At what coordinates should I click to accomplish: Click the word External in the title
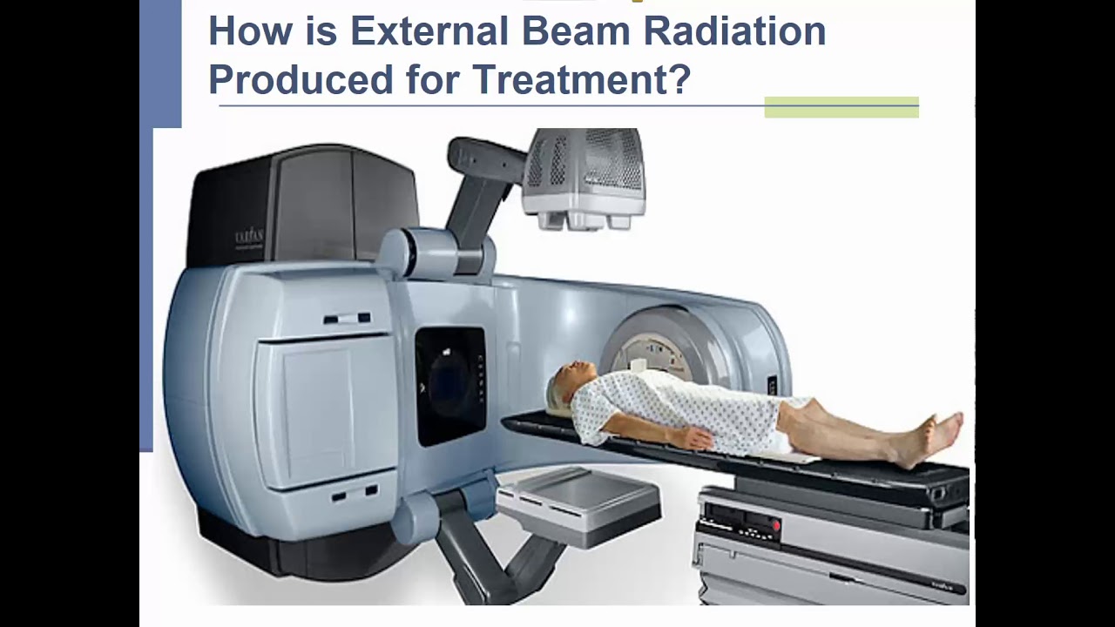(x=429, y=31)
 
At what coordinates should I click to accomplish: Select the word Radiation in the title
(x=744, y=31)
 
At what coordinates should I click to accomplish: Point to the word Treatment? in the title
(x=582, y=79)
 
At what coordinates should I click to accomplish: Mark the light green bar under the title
(x=841, y=107)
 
